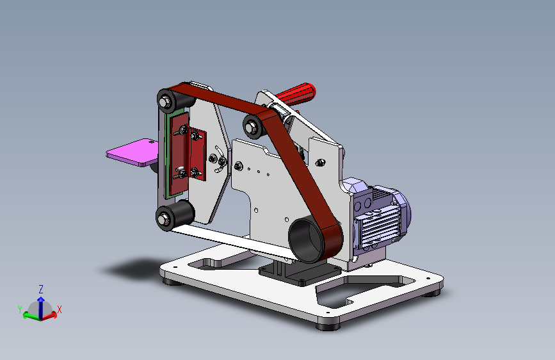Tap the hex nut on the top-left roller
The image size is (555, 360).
[165, 102]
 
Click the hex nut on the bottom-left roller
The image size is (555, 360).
[163, 218]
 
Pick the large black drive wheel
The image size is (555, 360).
[307, 240]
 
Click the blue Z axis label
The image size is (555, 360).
[41, 290]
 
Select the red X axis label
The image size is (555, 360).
[60, 309]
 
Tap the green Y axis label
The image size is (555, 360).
[20, 309]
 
